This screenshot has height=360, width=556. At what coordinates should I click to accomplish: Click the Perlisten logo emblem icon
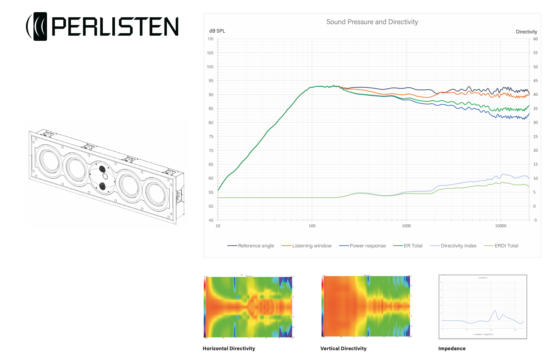(37, 26)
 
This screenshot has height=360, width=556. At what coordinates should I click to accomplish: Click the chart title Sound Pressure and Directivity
(372, 22)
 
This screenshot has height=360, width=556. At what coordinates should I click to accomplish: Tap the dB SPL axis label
(217, 31)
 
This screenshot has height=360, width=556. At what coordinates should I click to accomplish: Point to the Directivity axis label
(526, 32)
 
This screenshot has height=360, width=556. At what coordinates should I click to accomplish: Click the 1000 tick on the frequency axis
(406, 226)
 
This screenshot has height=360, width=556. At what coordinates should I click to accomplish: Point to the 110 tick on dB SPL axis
(211, 39)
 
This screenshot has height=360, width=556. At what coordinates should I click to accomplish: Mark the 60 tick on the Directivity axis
(535, 39)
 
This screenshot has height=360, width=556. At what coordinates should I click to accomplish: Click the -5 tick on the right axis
(535, 220)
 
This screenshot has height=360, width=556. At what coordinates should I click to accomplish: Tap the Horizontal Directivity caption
(229, 348)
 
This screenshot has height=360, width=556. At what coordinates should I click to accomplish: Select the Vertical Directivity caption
(343, 348)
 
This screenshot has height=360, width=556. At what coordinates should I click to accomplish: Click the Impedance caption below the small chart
(452, 348)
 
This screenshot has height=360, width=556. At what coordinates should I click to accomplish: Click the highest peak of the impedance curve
(495, 311)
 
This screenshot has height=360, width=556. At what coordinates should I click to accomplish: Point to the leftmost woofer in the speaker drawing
(49, 160)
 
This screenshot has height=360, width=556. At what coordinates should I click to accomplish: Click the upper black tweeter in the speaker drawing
(102, 169)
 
